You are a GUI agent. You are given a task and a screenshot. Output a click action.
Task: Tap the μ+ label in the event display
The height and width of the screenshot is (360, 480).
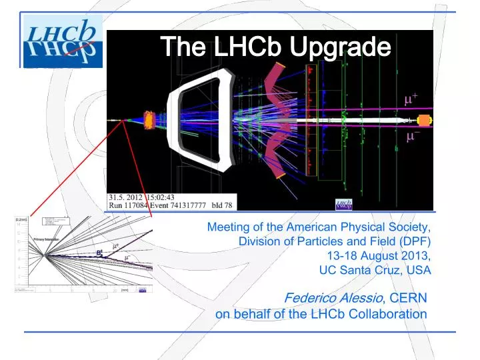tap(411, 99)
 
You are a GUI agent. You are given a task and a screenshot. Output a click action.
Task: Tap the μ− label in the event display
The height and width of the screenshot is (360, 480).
tap(413, 137)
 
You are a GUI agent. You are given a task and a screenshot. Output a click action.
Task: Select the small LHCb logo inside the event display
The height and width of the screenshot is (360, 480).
tap(344, 203)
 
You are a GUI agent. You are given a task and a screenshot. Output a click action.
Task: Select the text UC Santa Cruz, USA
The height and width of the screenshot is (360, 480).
tap(375, 270)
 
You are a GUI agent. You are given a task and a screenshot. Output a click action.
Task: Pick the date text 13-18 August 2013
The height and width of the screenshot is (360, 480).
tap(379, 255)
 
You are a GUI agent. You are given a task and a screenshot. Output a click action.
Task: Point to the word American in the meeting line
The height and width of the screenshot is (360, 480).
tap(298, 226)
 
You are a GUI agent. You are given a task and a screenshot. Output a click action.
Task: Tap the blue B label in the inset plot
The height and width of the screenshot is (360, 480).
tap(99, 253)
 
